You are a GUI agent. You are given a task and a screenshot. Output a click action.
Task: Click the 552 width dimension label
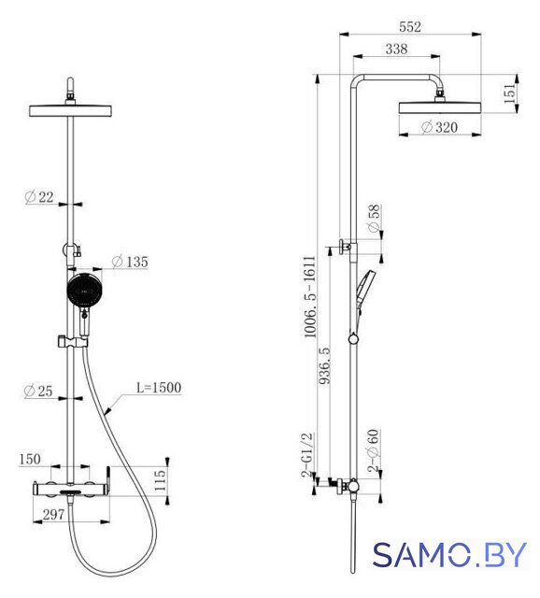pyautogui.click(x=410, y=27)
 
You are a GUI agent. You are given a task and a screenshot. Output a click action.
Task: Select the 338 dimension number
pyautogui.click(x=396, y=49)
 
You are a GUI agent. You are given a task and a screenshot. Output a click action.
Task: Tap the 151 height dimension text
pyautogui.click(x=509, y=93)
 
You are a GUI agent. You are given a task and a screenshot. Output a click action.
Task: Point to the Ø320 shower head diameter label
pyautogui.click(x=439, y=127)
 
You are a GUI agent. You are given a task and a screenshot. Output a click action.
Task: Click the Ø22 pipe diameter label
pyautogui.click(x=39, y=197)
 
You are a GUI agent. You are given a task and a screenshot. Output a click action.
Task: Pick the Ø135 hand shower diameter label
pyautogui.click(x=130, y=262)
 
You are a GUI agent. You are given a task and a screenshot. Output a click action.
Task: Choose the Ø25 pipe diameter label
pyautogui.click(x=38, y=391)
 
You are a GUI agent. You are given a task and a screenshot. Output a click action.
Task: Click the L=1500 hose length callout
pyautogui.click(x=159, y=388)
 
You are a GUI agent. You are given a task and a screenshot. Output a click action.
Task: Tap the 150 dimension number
pyautogui.click(x=30, y=459)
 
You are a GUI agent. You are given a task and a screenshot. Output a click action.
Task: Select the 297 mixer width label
pyautogui.click(x=53, y=515)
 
